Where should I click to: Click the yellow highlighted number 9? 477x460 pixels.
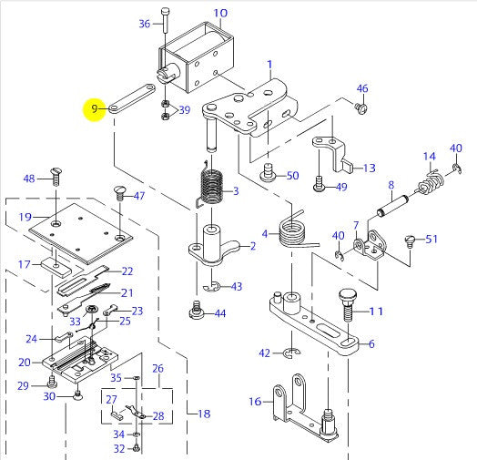pos(95,108)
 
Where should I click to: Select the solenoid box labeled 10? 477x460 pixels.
pos(196,58)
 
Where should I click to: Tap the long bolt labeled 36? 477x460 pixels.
pos(165,20)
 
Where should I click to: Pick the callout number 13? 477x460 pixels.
pos(370,168)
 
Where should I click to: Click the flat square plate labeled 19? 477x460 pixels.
pos(81,233)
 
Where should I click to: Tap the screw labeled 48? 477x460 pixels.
pos(56,177)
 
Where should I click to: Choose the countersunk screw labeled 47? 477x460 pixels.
pos(119,194)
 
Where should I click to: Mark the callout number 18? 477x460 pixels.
pos(204,414)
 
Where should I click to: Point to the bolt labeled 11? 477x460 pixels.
pos(348,305)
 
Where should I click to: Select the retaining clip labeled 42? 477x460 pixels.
pos(291,353)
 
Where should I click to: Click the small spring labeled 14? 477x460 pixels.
pos(431,182)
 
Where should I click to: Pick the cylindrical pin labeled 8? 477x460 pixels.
pos(392,206)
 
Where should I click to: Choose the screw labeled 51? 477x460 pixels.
pos(410,240)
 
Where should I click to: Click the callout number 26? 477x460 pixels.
pos(157,368)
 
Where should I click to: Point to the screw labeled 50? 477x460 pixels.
pos(268,173)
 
